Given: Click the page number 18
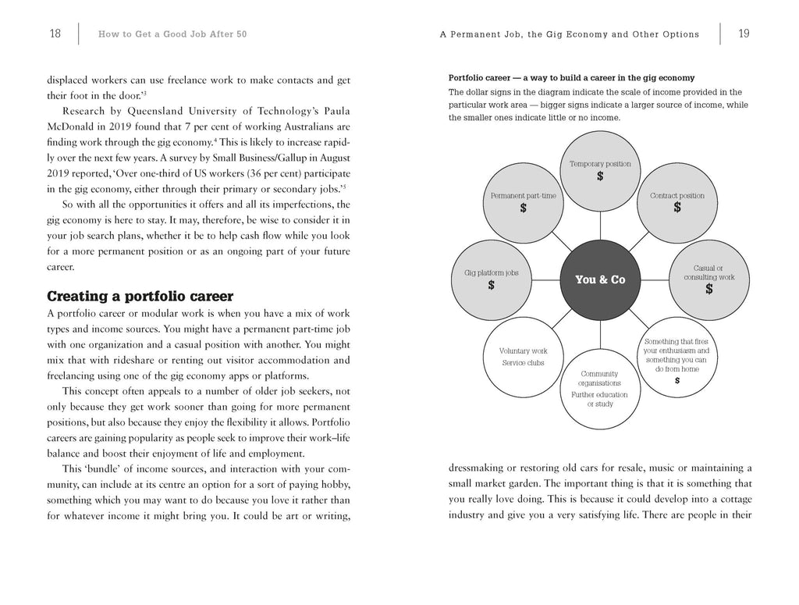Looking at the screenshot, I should pos(55,34).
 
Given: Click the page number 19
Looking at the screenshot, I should pos(744,34).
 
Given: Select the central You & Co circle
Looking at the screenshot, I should pos(599,279).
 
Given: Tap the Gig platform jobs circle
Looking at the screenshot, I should pos(491,279).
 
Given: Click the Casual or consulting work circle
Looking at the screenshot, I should pos(708,279).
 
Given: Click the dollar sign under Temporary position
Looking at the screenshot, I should pos(600,176).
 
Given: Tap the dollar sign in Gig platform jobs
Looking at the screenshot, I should pos(491,286).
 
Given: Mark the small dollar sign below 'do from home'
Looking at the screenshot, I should pos(676,380).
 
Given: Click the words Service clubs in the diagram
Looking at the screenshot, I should pos(524,363).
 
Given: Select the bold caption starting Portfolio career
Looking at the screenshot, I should pos(571,78).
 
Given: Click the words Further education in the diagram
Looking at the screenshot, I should pos(599,394).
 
